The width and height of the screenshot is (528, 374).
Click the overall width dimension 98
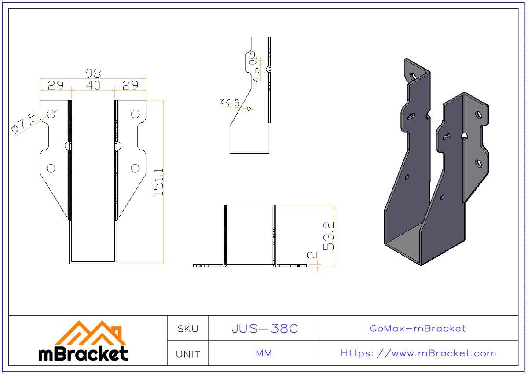[93, 73]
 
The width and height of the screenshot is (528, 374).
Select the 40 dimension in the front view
[93, 86]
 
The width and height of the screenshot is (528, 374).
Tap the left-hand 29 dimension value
[55, 86]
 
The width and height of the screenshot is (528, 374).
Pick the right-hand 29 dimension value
[130, 86]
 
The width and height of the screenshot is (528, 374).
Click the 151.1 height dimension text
[158, 181]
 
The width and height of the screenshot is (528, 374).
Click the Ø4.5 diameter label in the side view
[229, 102]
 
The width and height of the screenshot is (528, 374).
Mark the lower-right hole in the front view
[135, 168]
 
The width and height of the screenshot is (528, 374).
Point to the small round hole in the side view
[249, 109]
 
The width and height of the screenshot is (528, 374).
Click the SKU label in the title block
[187, 329]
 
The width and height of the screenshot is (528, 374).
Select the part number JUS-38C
[264, 329]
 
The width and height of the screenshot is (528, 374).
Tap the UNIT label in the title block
[187, 354]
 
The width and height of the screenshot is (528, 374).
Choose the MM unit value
[264, 354]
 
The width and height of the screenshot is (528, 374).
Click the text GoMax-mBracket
[418, 329]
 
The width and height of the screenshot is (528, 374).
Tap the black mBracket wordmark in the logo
[83, 354]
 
